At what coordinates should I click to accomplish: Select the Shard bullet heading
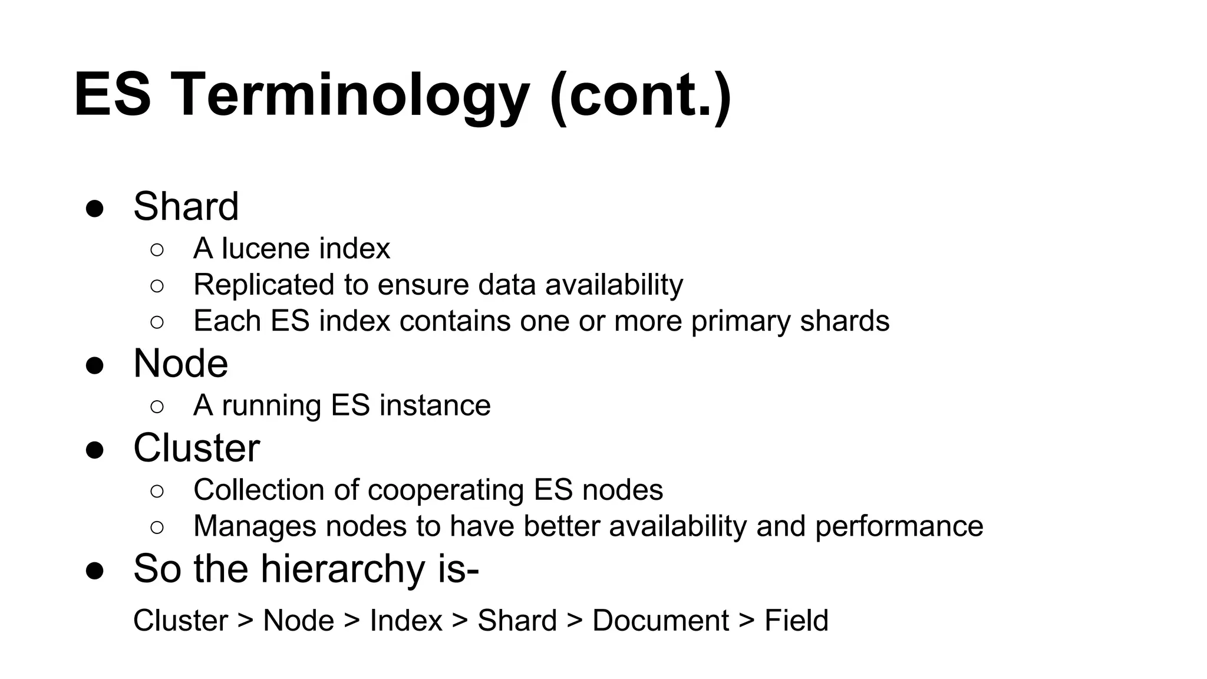click(186, 207)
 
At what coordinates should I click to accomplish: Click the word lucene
click(258, 249)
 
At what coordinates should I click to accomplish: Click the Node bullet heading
click(180, 364)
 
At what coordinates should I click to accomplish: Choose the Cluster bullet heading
click(196, 448)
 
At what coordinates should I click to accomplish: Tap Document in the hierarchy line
click(660, 621)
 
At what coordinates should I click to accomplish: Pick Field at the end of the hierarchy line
click(796, 621)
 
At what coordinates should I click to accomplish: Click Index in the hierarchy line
click(405, 621)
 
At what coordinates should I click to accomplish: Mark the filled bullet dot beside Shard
click(95, 209)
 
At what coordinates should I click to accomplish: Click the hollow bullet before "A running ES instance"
click(157, 407)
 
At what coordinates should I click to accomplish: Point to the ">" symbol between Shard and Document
click(575, 621)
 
